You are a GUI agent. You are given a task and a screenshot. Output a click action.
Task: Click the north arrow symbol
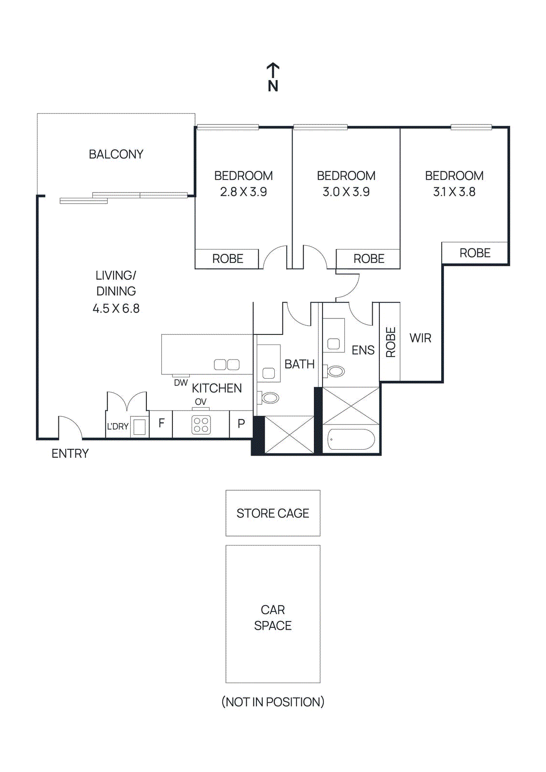[273, 71]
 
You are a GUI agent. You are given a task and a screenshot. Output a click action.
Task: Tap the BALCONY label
[116, 154]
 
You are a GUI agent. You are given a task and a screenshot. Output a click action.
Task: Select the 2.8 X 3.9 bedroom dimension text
[243, 192]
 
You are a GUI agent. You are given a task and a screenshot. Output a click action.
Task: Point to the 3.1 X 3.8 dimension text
[454, 192]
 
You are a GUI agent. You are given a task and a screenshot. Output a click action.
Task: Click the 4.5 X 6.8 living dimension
[116, 308]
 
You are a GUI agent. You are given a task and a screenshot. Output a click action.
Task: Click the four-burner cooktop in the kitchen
[201, 425]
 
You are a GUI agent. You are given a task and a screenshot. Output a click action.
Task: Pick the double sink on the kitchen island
[226, 365]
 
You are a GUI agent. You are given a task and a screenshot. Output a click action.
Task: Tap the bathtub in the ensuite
[351, 440]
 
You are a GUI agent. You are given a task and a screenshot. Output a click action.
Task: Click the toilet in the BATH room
[269, 398]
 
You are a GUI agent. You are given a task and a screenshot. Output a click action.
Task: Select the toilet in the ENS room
[335, 371]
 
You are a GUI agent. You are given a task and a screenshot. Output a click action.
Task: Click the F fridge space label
[161, 423]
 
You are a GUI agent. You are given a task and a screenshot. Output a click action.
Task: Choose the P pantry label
[241, 424]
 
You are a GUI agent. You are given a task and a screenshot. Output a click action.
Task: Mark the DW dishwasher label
[181, 383]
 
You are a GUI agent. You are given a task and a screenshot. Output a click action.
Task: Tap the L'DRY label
[117, 427]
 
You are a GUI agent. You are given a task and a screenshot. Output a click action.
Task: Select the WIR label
[420, 338]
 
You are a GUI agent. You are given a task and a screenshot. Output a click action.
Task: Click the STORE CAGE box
[273, 513]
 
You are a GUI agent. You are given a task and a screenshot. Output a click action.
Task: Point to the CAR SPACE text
[273, 618]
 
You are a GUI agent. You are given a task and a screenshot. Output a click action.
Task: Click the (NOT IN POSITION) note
[273, 702]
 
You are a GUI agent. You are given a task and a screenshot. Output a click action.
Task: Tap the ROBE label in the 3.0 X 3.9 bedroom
[369, 259]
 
